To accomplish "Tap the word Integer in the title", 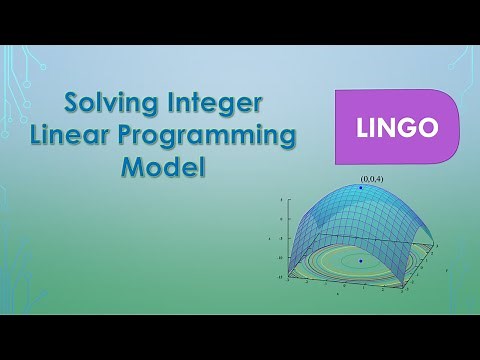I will [x=222, y=103].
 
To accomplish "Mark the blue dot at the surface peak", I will [x=360, y=188].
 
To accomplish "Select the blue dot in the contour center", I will [x=360, y=261].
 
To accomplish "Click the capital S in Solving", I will [x=72, y=103].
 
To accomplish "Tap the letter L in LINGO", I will [x=362, y=128].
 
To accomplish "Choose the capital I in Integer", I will [x=176, y=102].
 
